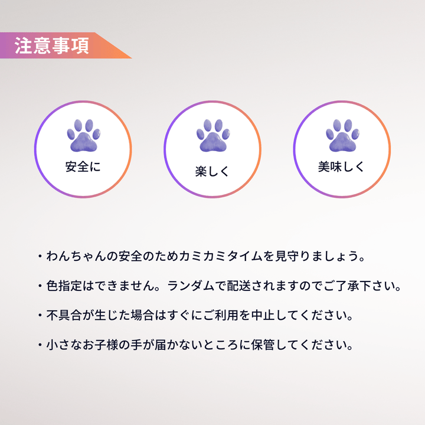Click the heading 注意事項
pyautogui.click(x=52, y=47)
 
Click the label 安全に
pyautogui.click(x=83, y=166)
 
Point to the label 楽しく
pyautogui.click(x=212, y=172)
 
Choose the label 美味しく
pyautogui.click(x=342, y=166)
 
